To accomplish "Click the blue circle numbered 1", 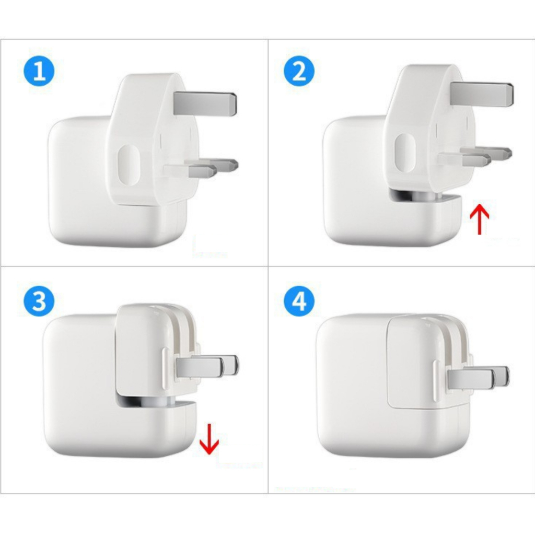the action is (39, 71).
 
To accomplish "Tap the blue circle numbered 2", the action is (299, 71).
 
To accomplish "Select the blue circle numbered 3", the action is (39, 301).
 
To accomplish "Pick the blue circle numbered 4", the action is (299, 301).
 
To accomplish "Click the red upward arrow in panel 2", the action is (480, 219).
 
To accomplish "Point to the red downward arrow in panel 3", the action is (209, 439).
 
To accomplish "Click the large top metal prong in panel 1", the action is (205, 103).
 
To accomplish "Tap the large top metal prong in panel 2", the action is (482, 94).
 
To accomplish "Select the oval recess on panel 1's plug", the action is (129, 165).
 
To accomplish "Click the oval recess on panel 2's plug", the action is (405, 153).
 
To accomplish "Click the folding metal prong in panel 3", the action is (207, 367).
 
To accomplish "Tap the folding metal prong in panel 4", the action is (478, 378).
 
